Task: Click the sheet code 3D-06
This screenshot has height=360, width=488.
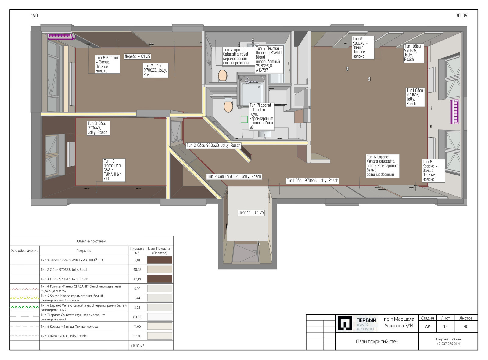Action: (461, 16)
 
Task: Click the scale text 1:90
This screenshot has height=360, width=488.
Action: (34, 16)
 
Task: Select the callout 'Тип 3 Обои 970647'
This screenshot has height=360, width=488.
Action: (99, 128)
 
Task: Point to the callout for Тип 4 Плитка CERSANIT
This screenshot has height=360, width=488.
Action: (269, 59)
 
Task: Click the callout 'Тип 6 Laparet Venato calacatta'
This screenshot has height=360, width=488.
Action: (382, 166)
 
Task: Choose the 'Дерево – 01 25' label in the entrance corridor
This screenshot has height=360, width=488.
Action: (251, 212)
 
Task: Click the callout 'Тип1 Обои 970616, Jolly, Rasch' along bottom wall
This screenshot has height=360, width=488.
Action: (312, 180)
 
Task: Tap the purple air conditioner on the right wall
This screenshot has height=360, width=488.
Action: (455, 112)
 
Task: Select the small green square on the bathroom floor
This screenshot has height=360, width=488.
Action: (244, 119)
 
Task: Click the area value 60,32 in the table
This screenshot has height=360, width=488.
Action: (137, 317)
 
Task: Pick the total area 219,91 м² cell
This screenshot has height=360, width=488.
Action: (137, 345)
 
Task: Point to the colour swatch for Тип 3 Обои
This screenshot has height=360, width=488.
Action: (160, 279)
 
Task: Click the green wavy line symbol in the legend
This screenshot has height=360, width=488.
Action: (25, 307)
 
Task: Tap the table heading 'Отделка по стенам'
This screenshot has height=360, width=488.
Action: (91, 241)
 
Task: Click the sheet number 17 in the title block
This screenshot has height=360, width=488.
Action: (445, 326)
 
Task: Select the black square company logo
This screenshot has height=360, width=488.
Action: (345, 323)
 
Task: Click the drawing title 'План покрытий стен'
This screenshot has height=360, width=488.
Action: (377, 341)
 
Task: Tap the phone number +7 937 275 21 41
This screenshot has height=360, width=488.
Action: (449, 344)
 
